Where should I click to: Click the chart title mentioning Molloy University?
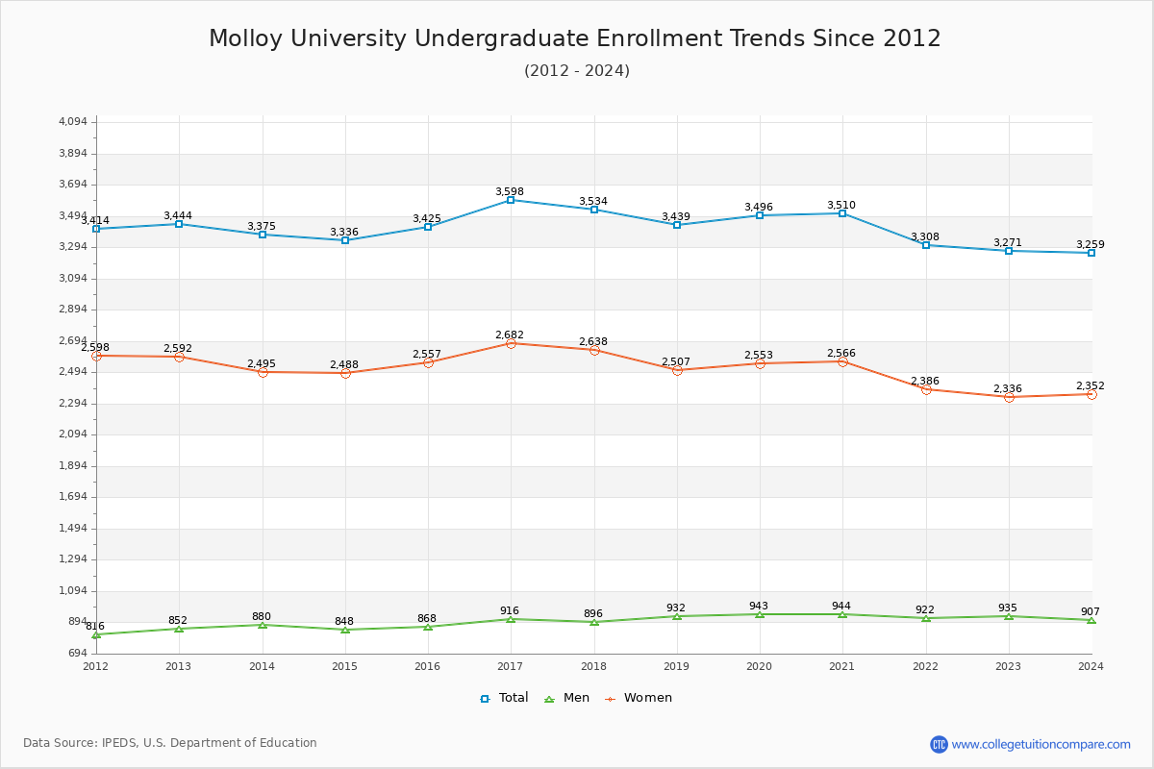[x=575, y=38]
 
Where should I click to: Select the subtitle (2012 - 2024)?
[x=577, y=71]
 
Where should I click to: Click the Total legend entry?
[x=504, y=698]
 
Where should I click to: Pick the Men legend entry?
[x=567, y=698]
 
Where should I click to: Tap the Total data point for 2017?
[x=511, y=200]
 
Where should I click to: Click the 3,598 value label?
[x=510, y=192]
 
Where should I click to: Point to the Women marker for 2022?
[x=926, y=389]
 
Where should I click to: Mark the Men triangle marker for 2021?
[x=842, y=614]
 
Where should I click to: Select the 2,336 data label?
[x=1008, y=389]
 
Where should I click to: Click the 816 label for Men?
[x=95, y=627]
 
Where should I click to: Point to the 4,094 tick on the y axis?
[x=73, y=122]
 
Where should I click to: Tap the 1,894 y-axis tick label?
[x=73, y=466]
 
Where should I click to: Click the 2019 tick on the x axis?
[x=676, y=666]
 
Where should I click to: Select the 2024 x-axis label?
[x=1091, y=666]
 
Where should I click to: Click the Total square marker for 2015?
[x=345, y=240]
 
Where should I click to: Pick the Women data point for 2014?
[x=263, y=372]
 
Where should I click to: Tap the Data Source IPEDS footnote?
[x=170, y=743]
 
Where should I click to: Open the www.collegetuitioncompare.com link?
[x=1041, y=744]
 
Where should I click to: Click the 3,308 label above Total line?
[x=925, y=237]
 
